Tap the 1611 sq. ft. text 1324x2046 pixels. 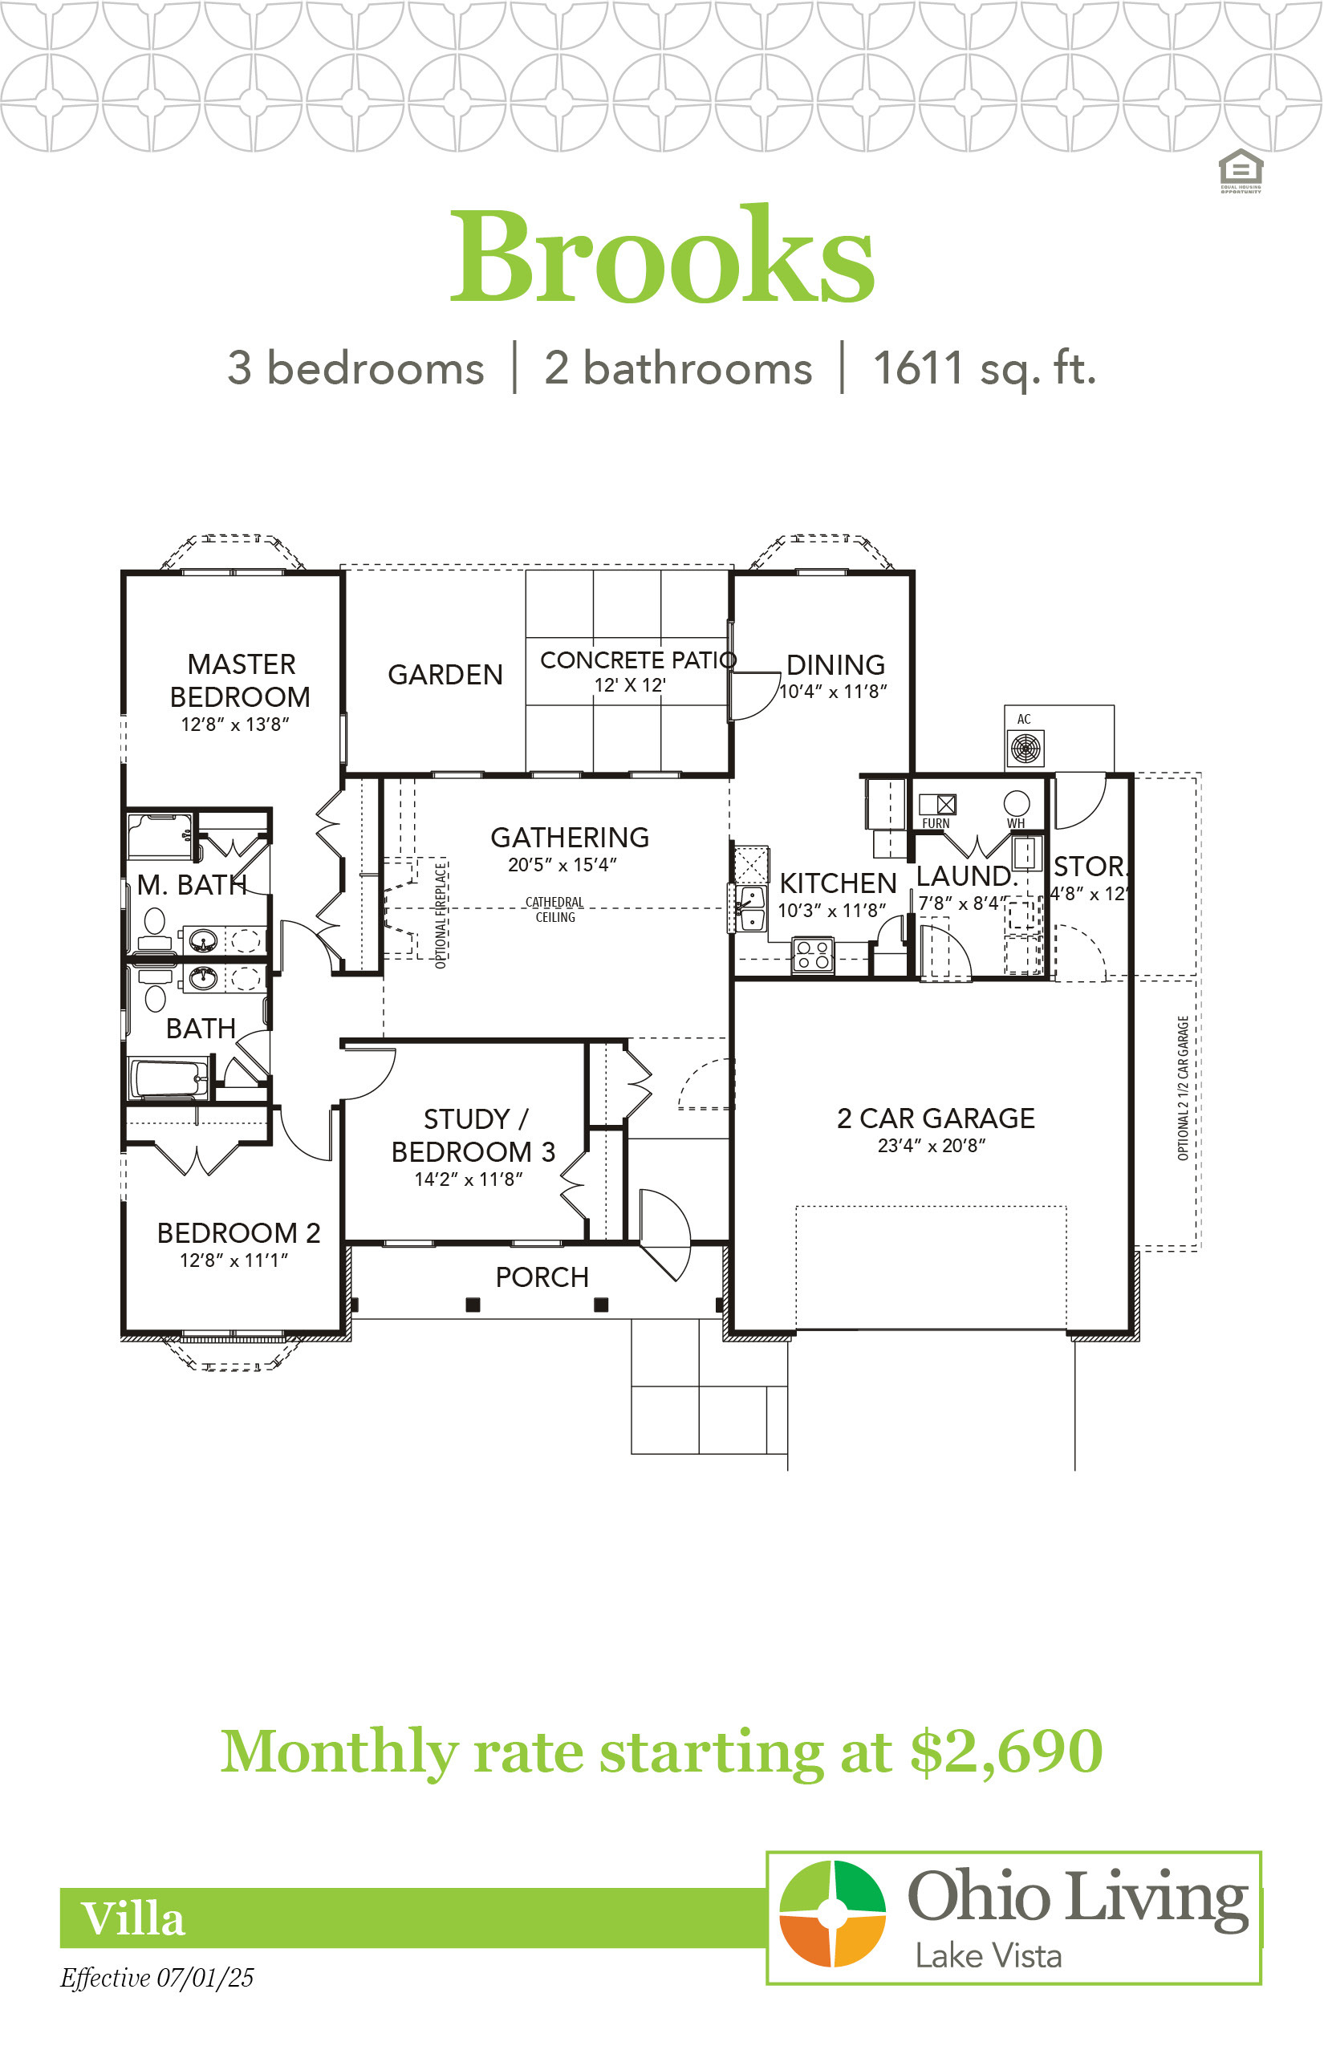985,369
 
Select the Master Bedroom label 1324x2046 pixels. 240,680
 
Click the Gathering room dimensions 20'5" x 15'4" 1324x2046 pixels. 562,865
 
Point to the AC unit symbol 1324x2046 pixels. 1025,748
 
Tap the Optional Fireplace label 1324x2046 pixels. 441,916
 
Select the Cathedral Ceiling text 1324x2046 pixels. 554,910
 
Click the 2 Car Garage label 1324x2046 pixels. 936,1118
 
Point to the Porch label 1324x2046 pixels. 542,1277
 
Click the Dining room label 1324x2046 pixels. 835,664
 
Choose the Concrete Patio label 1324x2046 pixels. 638,660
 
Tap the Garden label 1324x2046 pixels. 445,675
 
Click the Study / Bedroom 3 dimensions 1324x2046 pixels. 469,1179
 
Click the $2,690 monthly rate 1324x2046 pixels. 1007,1753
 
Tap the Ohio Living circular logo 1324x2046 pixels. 832,1914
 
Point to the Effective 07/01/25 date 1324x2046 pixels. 157,1978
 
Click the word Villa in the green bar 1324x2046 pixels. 132,1918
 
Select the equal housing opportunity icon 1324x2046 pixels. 1241,171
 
